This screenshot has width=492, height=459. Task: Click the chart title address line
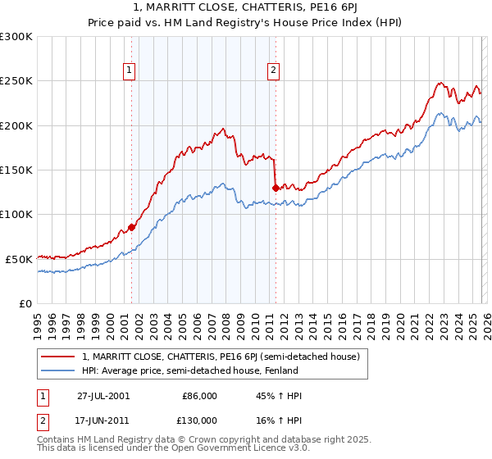246,9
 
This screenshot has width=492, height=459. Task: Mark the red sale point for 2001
131,227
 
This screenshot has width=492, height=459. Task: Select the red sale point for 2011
275,188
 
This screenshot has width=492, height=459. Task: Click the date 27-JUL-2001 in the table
104,396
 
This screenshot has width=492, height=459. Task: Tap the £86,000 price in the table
199,396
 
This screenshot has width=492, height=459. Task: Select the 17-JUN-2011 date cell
104,420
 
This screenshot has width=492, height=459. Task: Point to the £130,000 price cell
199,420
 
